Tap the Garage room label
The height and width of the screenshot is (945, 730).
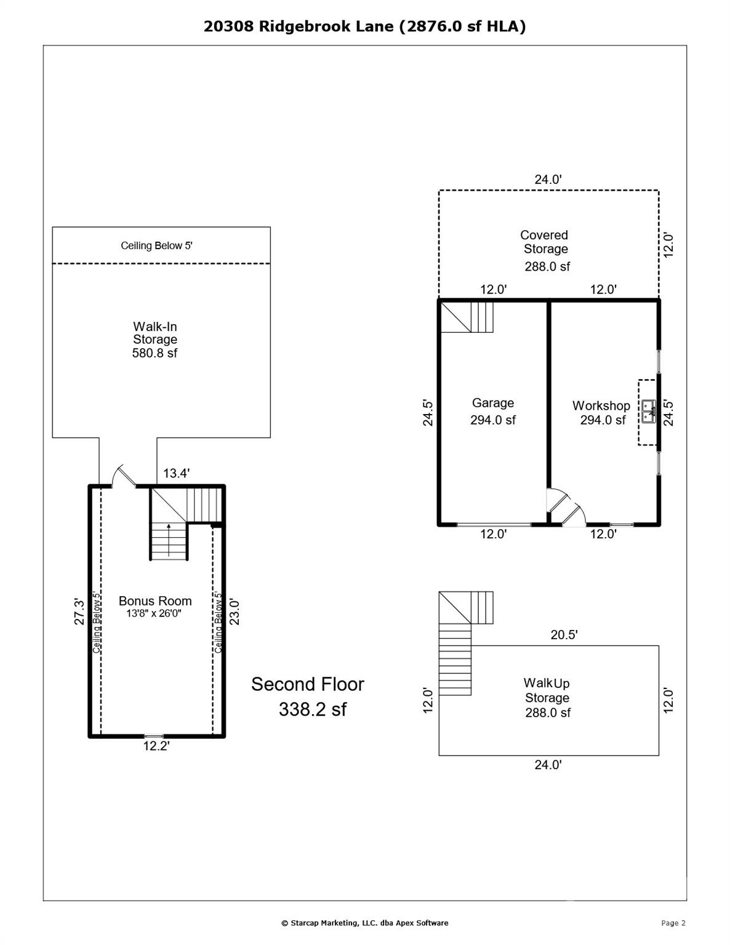492,403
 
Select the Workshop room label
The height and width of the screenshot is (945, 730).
601,405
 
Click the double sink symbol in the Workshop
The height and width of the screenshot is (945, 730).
649,411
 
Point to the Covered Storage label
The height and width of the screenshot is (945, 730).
545,242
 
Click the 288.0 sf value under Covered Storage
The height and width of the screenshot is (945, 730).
547,266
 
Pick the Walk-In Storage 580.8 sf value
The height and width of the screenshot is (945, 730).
154,353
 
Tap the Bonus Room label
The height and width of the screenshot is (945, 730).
155,601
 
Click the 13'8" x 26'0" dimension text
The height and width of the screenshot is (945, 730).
154,613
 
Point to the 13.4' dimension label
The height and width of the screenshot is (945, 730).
176,473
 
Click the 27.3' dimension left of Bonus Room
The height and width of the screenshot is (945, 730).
79,612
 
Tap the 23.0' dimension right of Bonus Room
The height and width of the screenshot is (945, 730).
235,612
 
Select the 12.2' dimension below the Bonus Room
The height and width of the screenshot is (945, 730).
156,746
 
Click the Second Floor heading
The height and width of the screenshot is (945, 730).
307,684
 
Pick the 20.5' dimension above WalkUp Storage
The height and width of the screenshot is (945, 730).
564,635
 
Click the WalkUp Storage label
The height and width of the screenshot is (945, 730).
547,690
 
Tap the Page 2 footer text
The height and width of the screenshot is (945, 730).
673,923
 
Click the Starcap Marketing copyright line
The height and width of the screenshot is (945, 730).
364,923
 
